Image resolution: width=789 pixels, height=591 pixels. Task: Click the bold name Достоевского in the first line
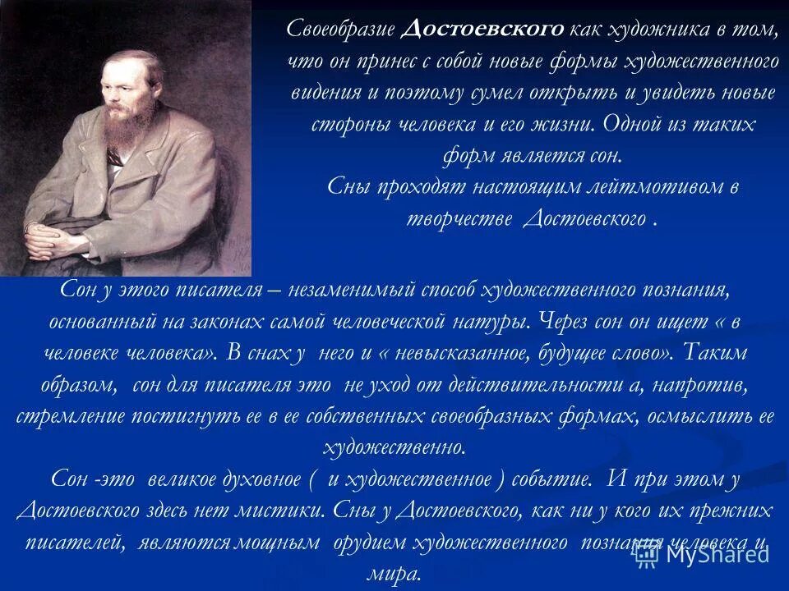(x=483, y=30)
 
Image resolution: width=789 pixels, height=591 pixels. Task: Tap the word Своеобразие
(x=341, y=30)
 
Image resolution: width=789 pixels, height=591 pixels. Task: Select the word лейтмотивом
(x=645, y=187)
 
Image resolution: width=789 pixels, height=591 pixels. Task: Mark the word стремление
(x=70, y=416)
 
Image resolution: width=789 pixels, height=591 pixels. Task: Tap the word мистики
(x=284, y=511)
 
